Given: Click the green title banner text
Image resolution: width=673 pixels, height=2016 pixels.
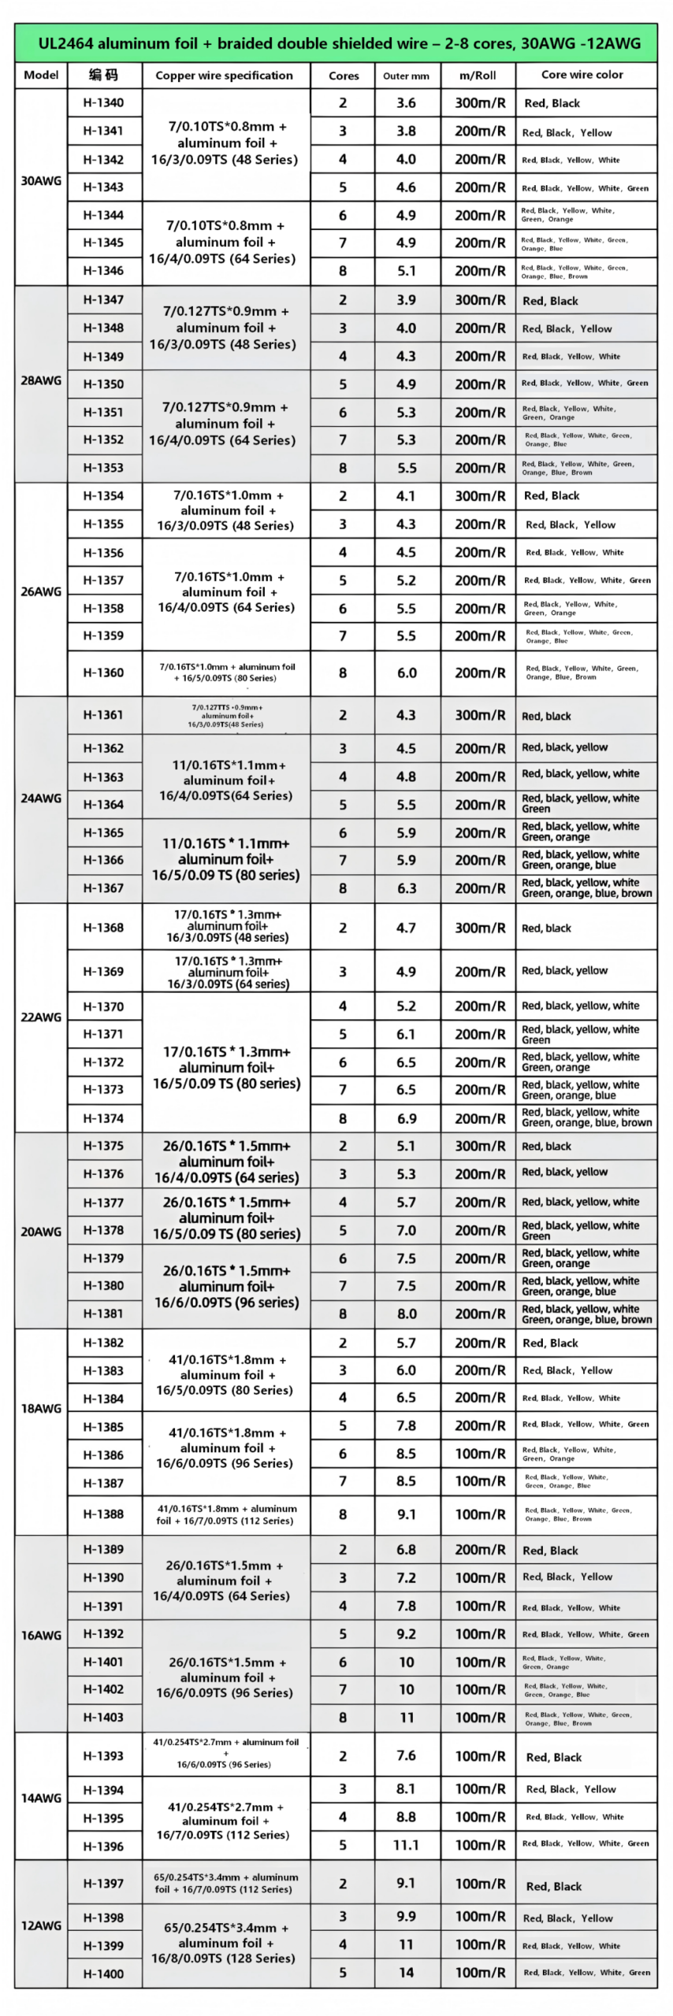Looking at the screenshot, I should pyautogui.click(x=339, y=43).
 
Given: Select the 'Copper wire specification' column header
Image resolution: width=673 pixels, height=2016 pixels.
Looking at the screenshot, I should pyautogui.click(x=225, y=76).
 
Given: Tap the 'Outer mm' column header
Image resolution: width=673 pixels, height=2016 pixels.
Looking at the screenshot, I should pyautogui.click(x=406, y=76).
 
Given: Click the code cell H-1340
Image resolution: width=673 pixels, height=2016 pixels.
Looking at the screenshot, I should pyautogui.click(x=104, y=102).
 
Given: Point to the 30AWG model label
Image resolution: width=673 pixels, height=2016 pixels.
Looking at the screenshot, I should pyautogui.click(x=41, y=180).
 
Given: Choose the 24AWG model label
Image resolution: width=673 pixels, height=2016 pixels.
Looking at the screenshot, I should pyautogui.click(x=41, y=798).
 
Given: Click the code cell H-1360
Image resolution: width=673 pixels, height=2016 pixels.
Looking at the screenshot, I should pyautogui.click(x=104, y=673).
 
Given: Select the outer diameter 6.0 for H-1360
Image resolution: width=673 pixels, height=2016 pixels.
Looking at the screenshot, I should pyautogui.click(x=407, y=673).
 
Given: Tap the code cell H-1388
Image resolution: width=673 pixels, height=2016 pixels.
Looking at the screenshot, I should pyautogui.click(x=104, y=1514).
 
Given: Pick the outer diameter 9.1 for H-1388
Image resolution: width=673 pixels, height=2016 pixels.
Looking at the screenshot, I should pyautogui.click(x=407, y=1514).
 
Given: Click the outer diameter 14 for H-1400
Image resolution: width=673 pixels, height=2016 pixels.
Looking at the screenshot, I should pyautogui.click(x=407, y=1972).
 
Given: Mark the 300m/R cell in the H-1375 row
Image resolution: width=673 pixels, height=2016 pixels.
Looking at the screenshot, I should pyautogui.click(x=480, y=1146).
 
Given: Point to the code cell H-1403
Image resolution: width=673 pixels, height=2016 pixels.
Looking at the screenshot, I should pyautogui.click(x=104, y=1717).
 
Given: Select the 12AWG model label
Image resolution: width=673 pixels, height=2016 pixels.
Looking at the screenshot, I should pyautogui.click(x=41, y=1925).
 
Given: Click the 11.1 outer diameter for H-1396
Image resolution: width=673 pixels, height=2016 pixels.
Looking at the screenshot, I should pyautogui.click(x=407, y=1844).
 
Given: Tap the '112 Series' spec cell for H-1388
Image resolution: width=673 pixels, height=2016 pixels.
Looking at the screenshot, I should pyautogui.click(x=226, y=1514).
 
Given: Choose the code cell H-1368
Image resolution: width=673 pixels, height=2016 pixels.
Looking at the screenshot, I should pyautogui.click(x=104, y=928).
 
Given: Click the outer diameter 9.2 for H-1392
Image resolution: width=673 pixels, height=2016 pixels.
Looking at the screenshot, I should pyautogui.click(x=407, y=1634).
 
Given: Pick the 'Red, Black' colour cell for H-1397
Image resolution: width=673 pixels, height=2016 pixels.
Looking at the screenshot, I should pyautogui.click(x=554, y=1886).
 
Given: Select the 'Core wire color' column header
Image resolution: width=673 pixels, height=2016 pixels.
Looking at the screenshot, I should pyautogui.click(x=582, y=75).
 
